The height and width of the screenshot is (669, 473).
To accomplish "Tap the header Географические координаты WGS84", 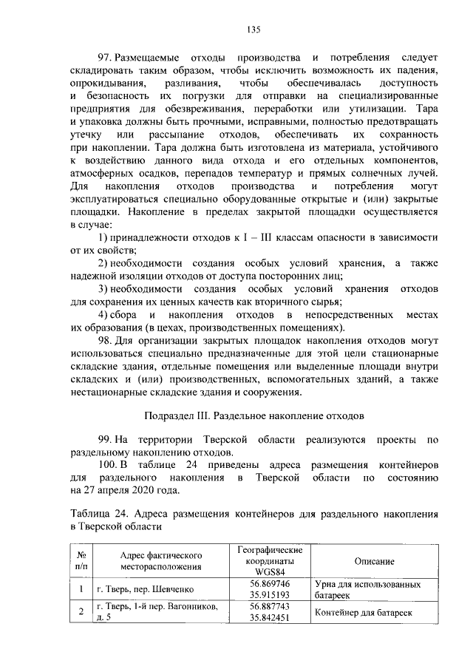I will pyautogui.click(x=270, y=561).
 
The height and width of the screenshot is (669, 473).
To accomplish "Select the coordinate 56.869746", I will pyautogui.click(x=270, y=584).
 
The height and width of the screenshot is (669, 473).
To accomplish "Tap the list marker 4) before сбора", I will pyautogui.click(x=104, y=316).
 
